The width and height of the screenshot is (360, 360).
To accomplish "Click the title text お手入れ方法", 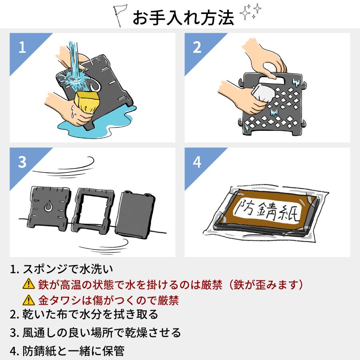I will (183, 17).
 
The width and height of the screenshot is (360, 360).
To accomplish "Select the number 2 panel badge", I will (197, 48).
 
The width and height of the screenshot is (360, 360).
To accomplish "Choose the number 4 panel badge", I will (197, 162).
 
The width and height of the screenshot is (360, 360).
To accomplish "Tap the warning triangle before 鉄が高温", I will (28, 285).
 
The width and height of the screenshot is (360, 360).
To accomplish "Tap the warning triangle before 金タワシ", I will (28, 300).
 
